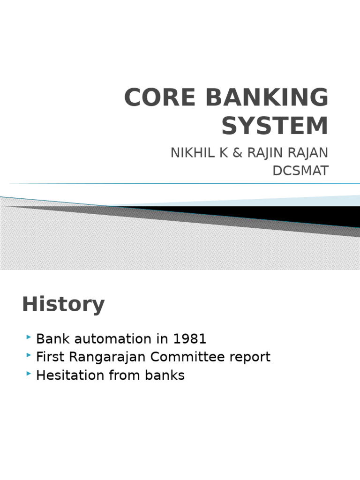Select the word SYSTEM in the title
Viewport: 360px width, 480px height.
coord(275,126)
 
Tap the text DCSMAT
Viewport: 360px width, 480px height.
coord(300,171)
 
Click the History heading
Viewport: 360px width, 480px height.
coord(63,305)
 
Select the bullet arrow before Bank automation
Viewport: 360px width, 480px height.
coord(30,337)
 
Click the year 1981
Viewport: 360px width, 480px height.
coord(189,338)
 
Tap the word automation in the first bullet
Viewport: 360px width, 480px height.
coord(111,338)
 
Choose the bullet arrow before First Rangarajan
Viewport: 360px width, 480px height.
coord(30,356)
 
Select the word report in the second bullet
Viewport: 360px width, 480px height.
coord(249,357)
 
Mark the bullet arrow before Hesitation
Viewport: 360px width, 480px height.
coord(30,375)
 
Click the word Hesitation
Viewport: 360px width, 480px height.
coord(69,375)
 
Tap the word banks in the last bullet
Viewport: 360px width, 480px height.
coord(165,375)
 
